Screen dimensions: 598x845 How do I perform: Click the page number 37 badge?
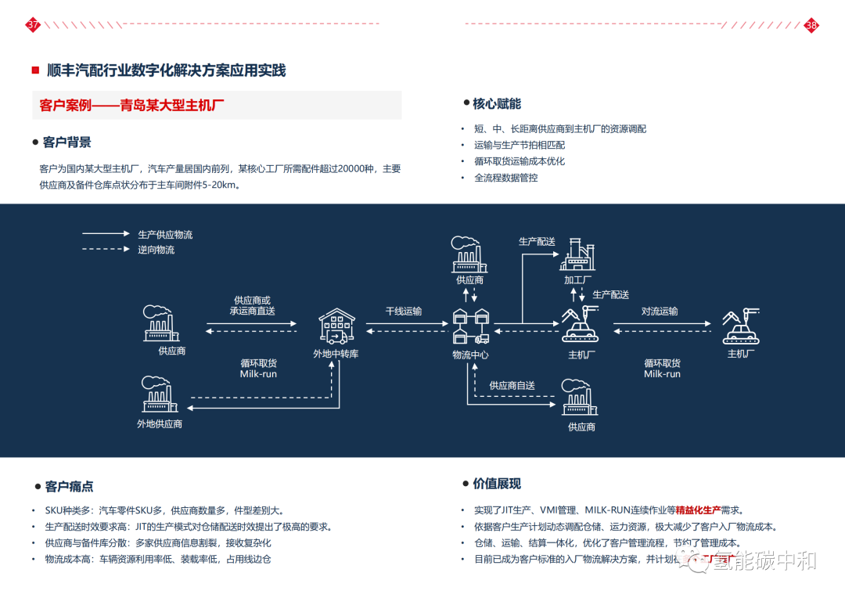tap(33, 25)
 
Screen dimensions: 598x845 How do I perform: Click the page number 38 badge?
tap(811, 25)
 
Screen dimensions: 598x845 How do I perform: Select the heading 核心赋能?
tap(496, 104)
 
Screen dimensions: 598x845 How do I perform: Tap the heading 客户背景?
tap(67, 142)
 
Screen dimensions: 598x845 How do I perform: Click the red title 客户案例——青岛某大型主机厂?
tap(132, 106)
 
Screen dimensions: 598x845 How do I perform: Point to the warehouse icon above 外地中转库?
tap(337, 326)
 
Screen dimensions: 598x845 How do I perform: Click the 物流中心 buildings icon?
tap(471, 326)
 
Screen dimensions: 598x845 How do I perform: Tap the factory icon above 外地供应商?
tap(159, 395)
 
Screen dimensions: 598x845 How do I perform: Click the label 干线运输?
tap(403, 312)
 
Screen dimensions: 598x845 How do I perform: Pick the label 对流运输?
tap(660, 312)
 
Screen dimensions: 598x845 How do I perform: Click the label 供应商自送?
tap(512, 386)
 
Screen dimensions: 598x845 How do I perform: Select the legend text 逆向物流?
tap(156, 250)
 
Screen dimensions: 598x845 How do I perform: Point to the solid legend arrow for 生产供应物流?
tap(106, 233)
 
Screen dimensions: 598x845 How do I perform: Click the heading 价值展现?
tap(496, 484)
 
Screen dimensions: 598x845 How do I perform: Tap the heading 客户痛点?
tap(69, 487)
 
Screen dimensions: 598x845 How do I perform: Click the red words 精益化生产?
tap(698, 510)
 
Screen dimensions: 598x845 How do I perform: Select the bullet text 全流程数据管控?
tap(505, 178)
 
